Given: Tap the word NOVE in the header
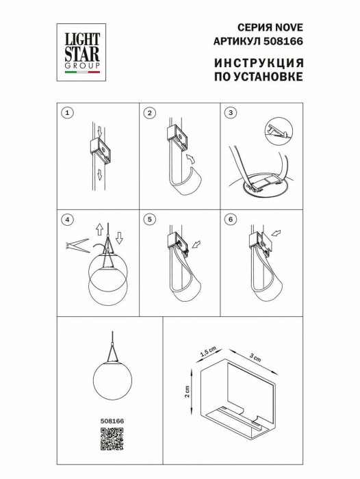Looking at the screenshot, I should (x=289, y=27).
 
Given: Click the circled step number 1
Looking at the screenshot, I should (x=66, y=112).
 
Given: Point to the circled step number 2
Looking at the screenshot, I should (x=150, y=112).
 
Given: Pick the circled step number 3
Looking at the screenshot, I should (x=231, y=112).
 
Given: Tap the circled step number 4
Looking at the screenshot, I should (x=66, y=220).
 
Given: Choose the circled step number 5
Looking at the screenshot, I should (x=150, y=220).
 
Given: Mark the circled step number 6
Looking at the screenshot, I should (x=231, y=220).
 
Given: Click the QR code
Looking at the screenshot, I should (x=111, y=438).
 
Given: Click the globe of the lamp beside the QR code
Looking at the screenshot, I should (x=110, y=380).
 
